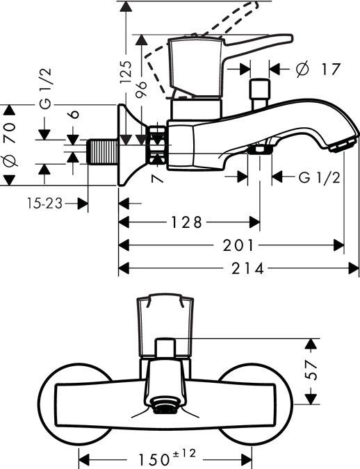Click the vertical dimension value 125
pos(125,71)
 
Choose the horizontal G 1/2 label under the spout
pos(319,177)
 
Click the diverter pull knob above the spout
pos(259,90)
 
